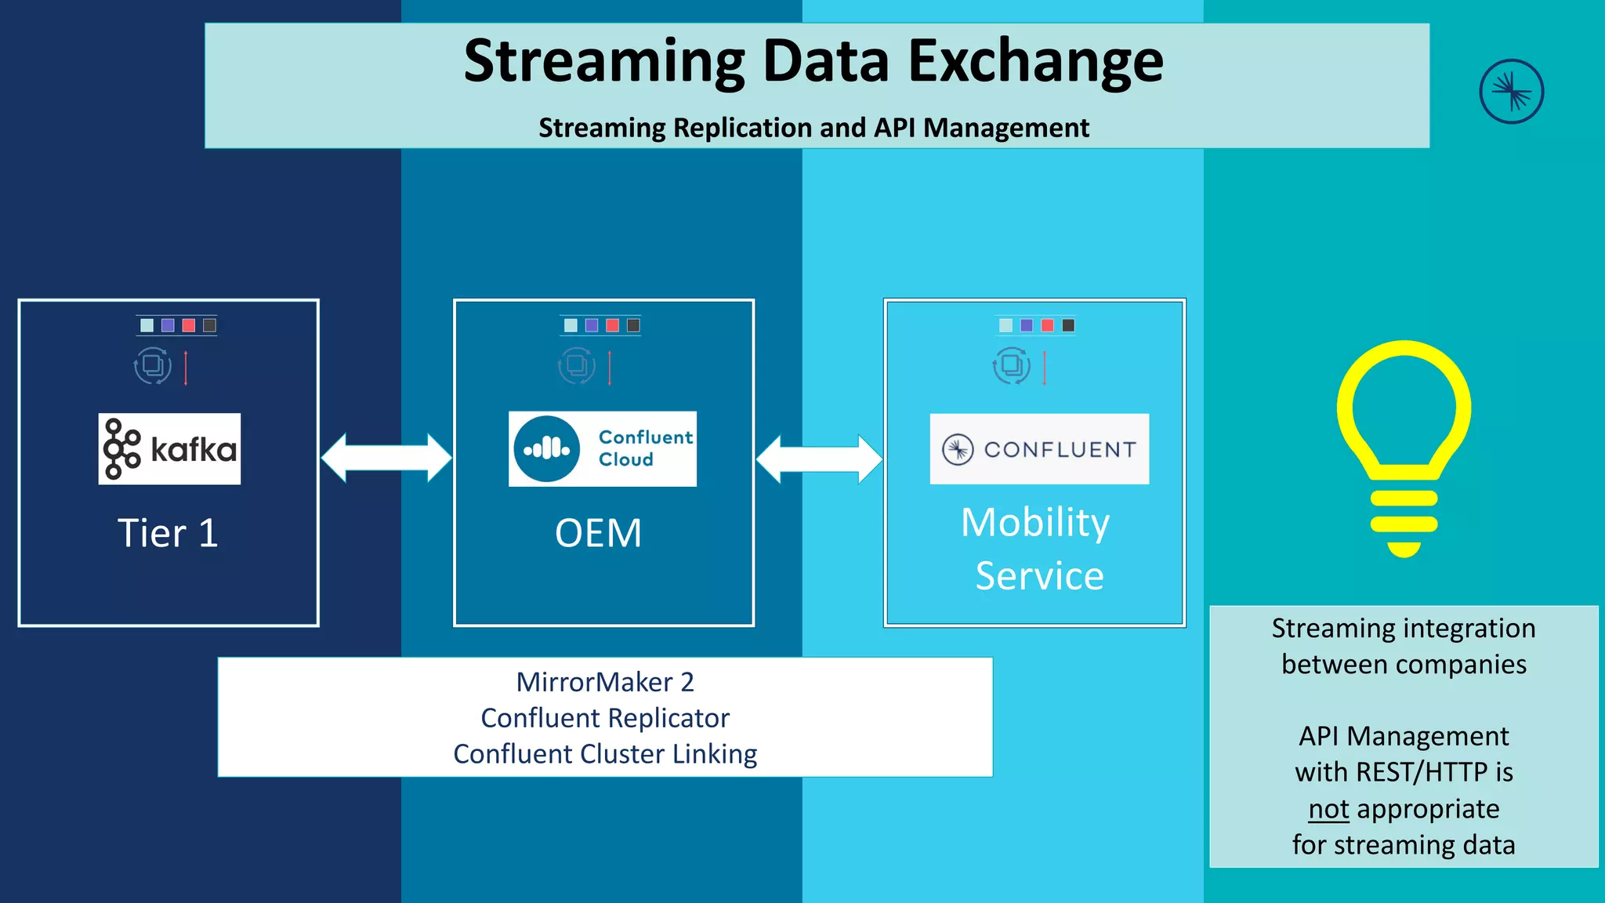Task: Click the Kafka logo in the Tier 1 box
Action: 169,449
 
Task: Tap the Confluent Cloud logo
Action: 602,449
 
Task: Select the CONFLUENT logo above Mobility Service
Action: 1039,449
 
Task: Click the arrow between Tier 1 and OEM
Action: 386,458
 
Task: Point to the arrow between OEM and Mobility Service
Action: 819,459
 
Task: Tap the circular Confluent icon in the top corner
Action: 1511,92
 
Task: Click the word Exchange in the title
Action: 1035,61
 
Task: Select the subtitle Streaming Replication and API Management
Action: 813,128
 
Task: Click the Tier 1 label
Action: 168,533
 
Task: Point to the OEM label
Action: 598,533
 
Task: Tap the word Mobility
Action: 1035,522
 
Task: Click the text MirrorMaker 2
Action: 605,682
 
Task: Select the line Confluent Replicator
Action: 605,718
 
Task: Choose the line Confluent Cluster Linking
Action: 605,754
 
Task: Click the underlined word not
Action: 1328,809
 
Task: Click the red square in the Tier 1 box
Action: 189,325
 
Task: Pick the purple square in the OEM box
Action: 592,325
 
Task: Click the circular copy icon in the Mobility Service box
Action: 1011,365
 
